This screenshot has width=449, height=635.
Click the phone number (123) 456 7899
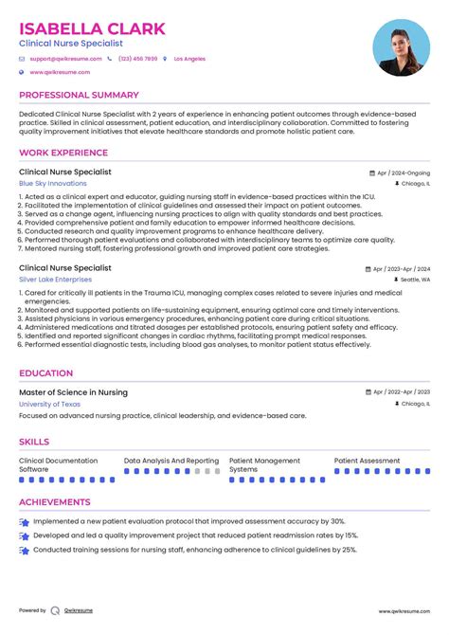point(138,59)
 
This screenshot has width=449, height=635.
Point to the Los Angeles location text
point(189,59)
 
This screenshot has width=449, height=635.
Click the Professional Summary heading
point(79,96)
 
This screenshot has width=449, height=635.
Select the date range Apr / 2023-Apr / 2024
point(398,269)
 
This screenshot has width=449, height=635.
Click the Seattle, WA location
point(414,281)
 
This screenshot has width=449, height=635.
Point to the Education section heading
point(46,373)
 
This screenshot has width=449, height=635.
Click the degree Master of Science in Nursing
point(73,392)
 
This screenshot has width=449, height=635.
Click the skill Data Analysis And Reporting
point(171,461)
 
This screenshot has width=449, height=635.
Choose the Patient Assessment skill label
point(367,461)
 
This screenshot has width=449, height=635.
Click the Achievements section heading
point(55,502)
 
